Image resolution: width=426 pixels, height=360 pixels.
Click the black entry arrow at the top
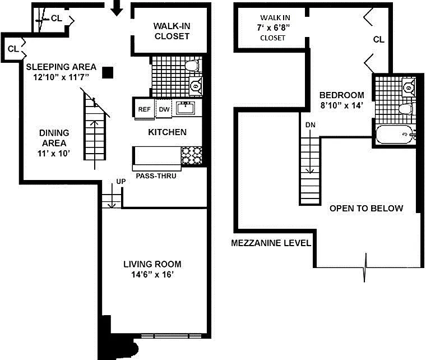point(117,8)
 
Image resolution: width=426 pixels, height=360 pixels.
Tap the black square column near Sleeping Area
point(108,73)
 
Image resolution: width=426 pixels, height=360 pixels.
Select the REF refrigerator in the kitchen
point(144,109)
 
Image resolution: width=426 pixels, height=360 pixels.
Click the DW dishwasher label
point(164,109)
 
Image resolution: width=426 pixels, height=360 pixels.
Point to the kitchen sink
point(186,108)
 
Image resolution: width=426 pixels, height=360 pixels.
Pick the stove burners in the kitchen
point(192,155)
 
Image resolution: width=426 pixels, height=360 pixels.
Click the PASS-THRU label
point(156,176)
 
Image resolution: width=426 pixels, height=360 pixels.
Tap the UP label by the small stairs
point(121,181)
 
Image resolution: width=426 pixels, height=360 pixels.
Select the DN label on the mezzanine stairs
point(311,125)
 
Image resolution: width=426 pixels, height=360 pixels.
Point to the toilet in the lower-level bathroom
point(192,66)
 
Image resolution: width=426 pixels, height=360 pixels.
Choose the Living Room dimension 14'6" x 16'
point(152,274)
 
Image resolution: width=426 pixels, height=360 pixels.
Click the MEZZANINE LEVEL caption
point(271,243)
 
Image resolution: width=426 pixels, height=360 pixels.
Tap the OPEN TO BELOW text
point(366,209)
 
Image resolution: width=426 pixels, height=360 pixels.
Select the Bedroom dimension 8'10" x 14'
point(342,105)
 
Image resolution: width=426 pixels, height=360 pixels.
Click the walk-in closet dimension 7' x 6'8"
point(274,27)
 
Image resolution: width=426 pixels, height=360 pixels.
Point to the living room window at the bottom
point(171,336)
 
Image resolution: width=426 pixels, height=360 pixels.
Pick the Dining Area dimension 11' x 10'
point(54,154)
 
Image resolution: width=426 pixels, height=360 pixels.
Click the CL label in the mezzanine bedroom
point(379,40)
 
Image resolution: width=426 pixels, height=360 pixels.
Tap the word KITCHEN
point(168,132)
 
